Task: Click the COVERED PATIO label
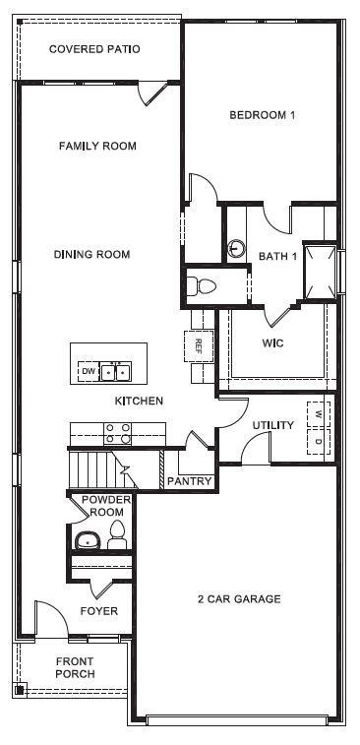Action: pyautogui.click(x=94, y=48)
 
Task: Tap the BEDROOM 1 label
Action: pyautogui.click(x=263, y=115)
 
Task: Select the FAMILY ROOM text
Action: pyautogui.click(x=97, y=146)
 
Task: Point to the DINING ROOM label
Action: pyautogui.click(x=91, y=255)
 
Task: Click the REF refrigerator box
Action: pyautogui.click(x=198, y=345)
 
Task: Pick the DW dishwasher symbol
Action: pyautogui.click(x=89, y=371)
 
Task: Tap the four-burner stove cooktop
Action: pyautogui.click(x=119, y=433)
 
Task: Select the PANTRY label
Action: pyautogui.click(x=189, y=481)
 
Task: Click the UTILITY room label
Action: pyautogui.click(x=272, y=425)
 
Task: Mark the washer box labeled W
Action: pyautogui.click(x=318, y=413)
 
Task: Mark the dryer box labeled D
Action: pyautogui.click(x=318, y=441)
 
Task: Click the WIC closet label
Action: pyautogui.click(x=272, y=343)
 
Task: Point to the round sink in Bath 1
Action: pyautogui.click(x=236, y=249)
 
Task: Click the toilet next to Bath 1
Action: pyautogui.click(x=202, y=286)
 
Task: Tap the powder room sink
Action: pyautogui.click(x=89, y=540)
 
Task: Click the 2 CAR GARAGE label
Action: pyautogui.click(x=239, y=598)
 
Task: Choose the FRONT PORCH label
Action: pyautogui.click(x=75, y=667)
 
